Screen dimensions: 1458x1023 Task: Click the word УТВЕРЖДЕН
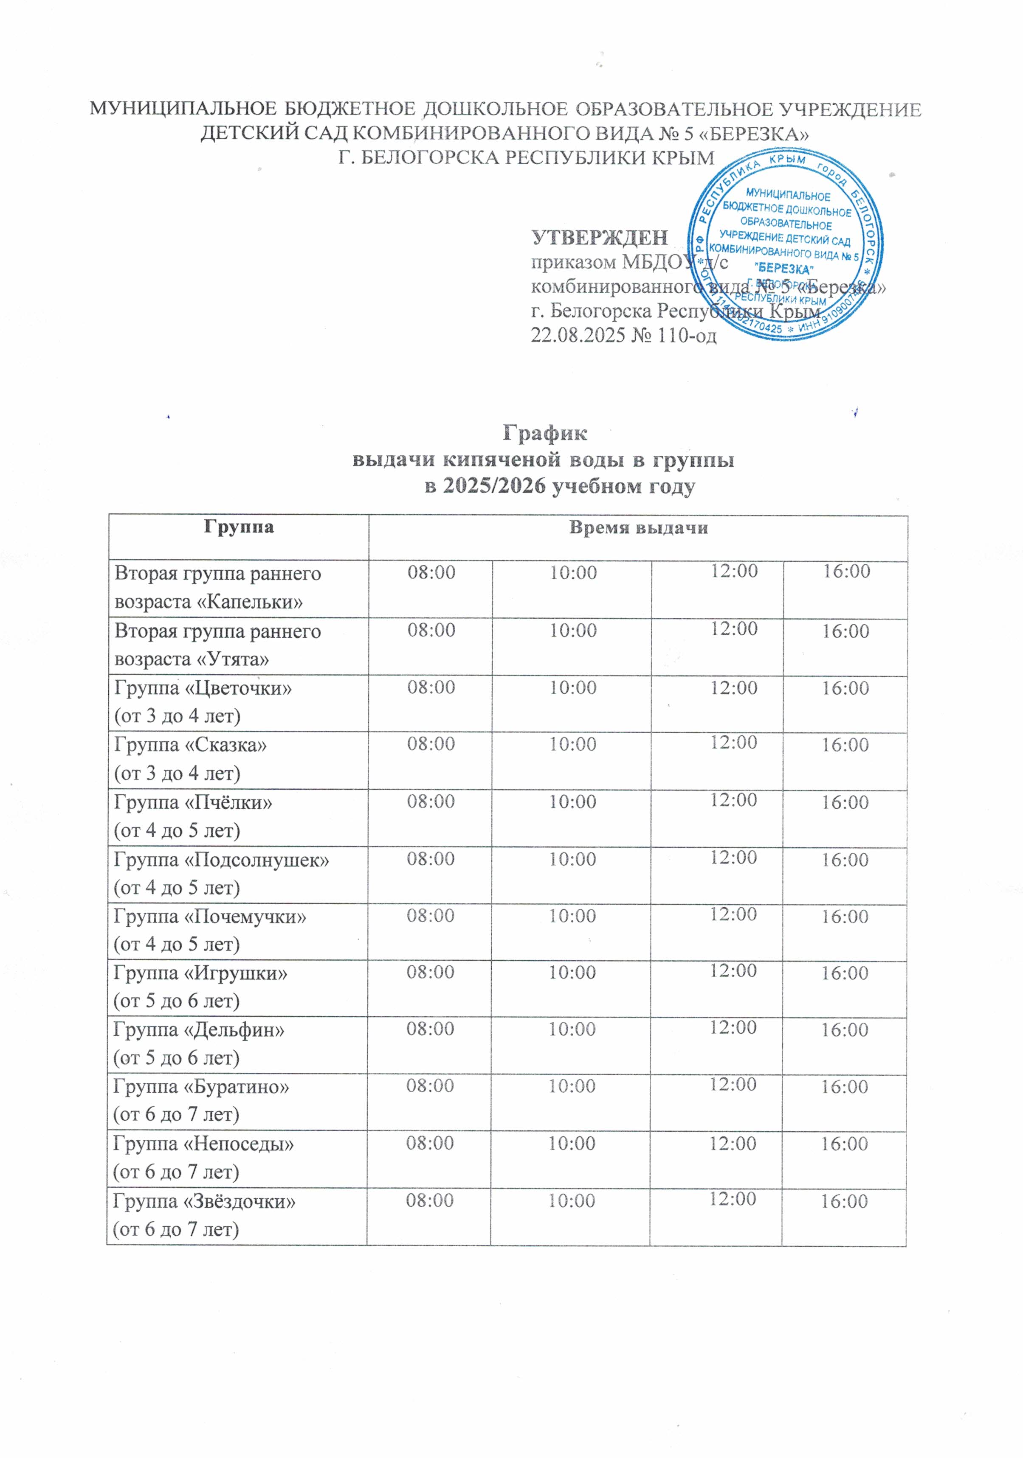[x=599, y=238]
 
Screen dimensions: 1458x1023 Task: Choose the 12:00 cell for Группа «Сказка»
[x=733, y=743]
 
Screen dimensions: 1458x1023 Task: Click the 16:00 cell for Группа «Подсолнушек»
[x=845, y=860]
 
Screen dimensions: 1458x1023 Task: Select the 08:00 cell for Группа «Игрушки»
[x=430, y=972]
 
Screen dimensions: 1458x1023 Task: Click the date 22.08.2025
[x=577, y=335]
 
